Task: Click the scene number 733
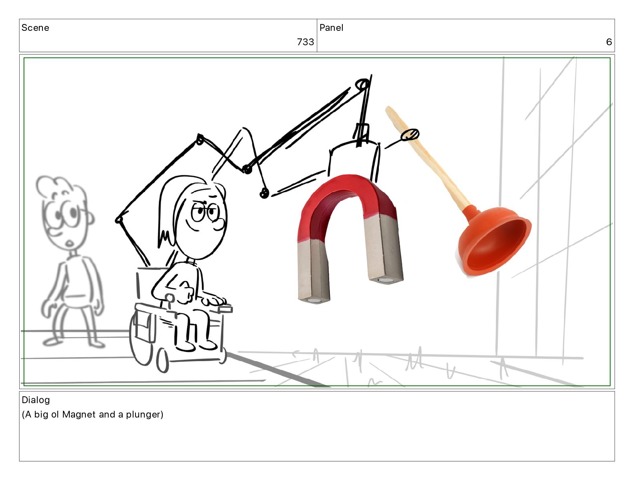click(305, 42)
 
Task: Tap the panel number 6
click(609, 42)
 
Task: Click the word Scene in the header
click(35, 28)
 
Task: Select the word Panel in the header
click(332, 28)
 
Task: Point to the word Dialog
click(36, 400)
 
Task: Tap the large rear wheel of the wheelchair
click(140, 339)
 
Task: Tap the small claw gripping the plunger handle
click(410, 135)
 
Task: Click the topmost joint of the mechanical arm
click(362, 84)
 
